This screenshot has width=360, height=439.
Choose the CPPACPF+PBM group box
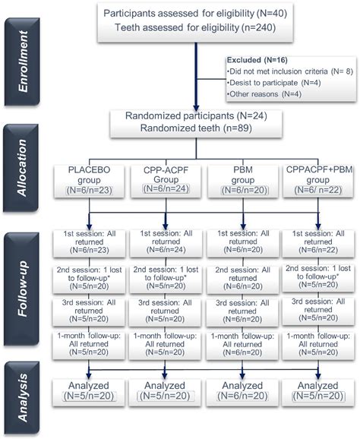pos(314,180)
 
